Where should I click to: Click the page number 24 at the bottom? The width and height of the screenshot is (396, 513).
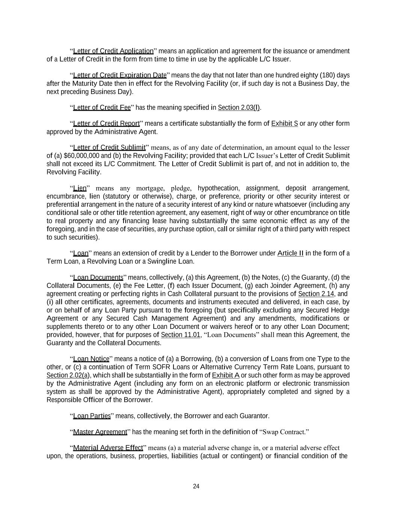pyautogui.click(x=196, y=486)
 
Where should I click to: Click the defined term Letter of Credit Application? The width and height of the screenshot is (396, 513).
pyautogui.click(x=113, y=51)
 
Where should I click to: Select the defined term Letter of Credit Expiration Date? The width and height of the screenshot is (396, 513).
pyautogui.click(x=120, y=75)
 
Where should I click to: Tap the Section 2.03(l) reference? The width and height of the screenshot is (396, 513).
pyautogui.click(x=239, y=108)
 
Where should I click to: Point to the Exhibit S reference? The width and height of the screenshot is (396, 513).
pyautogui.click(x=285, y=124)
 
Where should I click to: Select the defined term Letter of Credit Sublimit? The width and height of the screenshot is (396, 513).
pyautogui.click(x=109, y=147)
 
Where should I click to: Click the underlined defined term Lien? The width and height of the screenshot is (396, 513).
pyautogui.click(x=80, y=188)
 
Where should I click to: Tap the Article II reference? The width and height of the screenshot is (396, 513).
pyautogui.click(x=290, y=253)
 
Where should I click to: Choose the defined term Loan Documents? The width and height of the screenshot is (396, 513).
pyautogui.click(x=98, y=278)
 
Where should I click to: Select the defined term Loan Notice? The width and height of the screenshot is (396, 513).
pyautogui.click(x=91, y=359)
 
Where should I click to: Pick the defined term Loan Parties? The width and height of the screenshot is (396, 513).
pyautogui.click(x=92, y=416)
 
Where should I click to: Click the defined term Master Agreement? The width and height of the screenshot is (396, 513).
pyautogui.click(x=100, y=432)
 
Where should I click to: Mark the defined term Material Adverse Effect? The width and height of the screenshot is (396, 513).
pyautogui.click(x=108, y=448)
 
